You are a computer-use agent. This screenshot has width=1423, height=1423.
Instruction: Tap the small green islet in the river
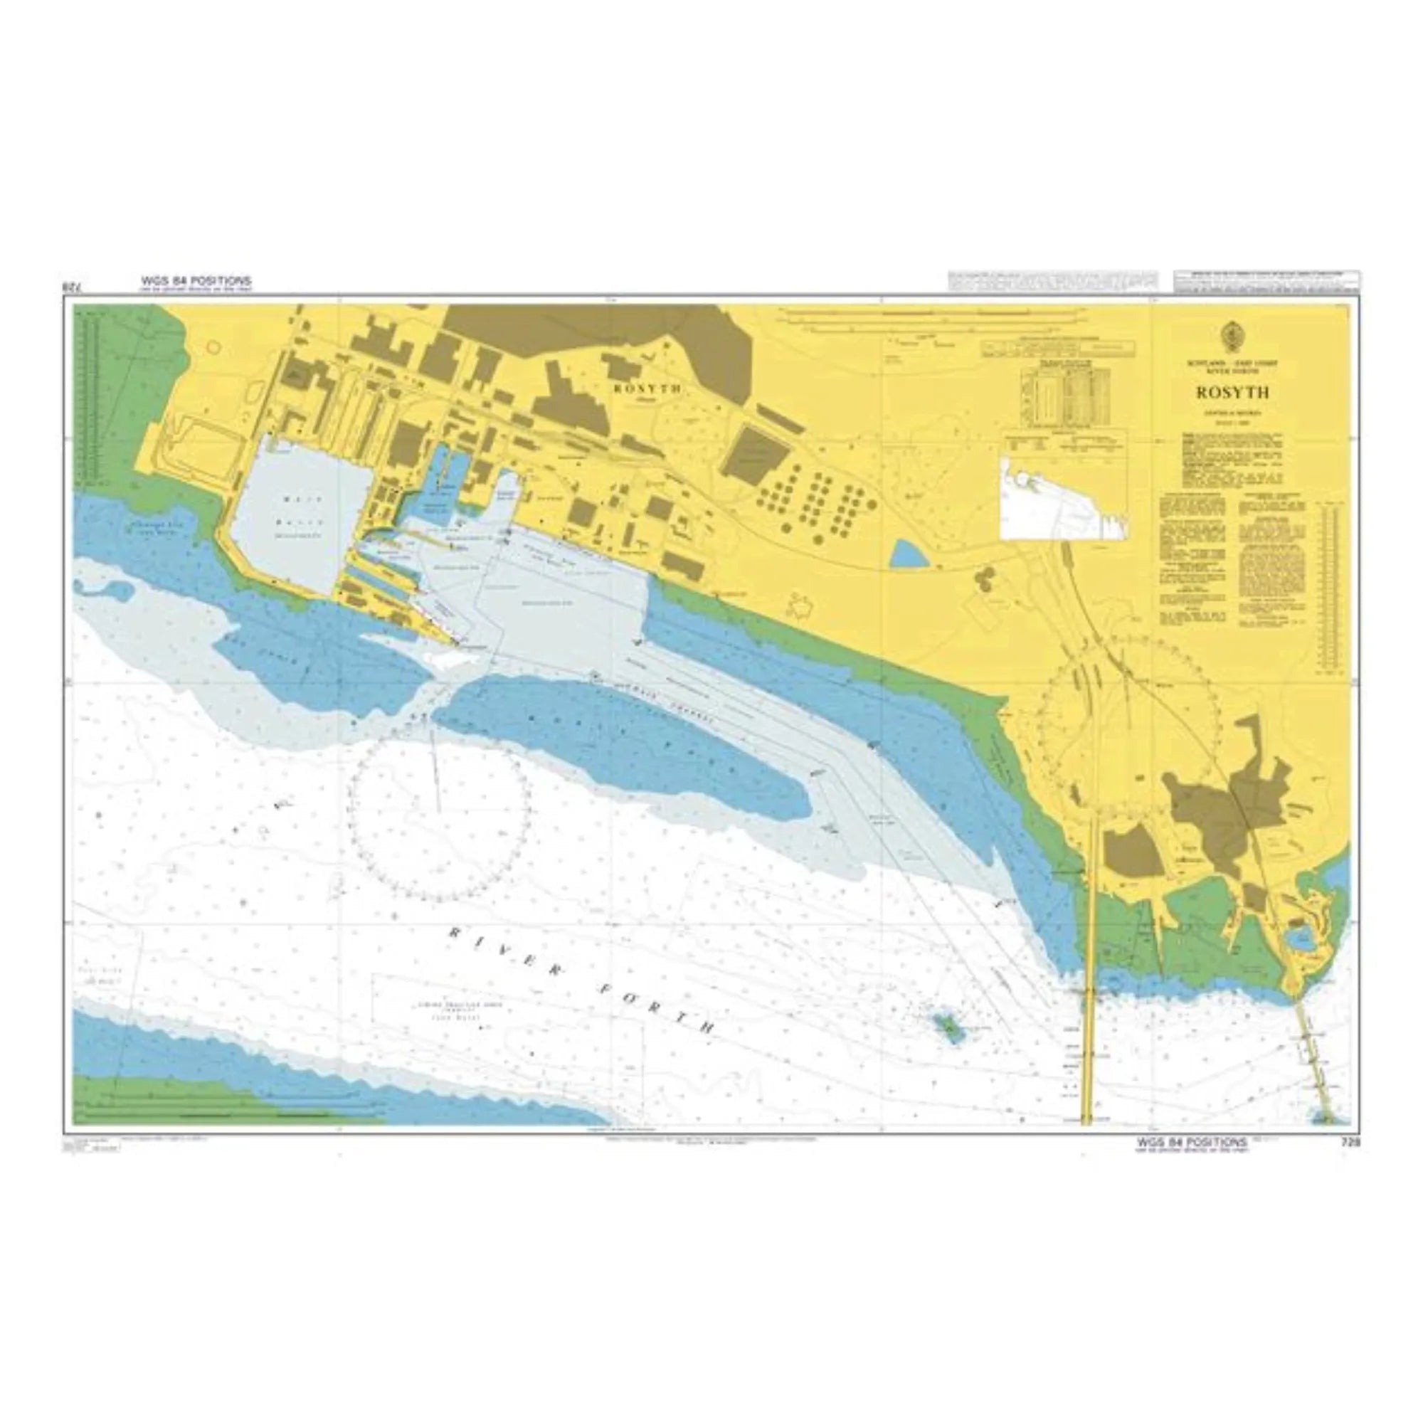coord(946,1026)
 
